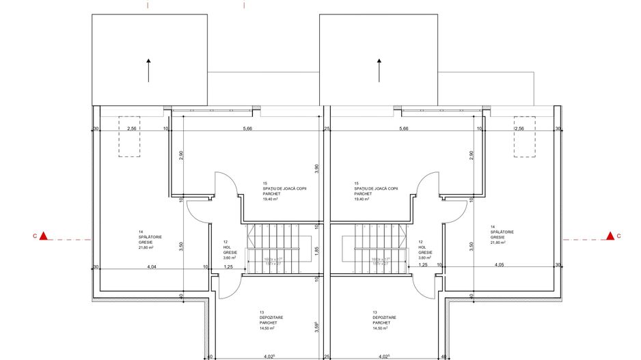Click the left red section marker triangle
point(44,236)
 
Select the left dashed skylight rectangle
point(128,136)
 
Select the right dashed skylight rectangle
point(524,136)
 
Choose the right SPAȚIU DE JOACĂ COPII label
point(374,189)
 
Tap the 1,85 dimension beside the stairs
point(316,250)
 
